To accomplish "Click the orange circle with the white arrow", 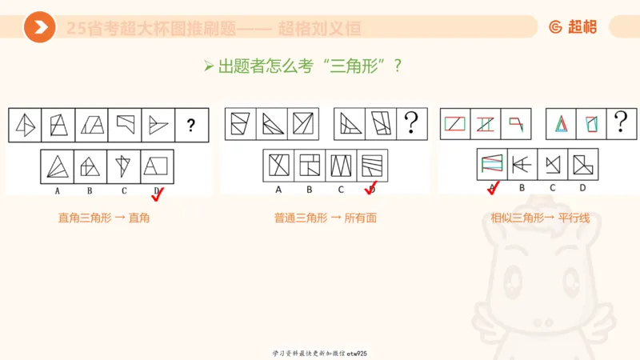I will [39, 28].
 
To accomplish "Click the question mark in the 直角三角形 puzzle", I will [190, 125].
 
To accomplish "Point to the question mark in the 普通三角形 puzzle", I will [411, 123].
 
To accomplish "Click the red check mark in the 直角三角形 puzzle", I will [158, 192].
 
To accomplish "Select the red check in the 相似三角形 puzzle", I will [493, 188].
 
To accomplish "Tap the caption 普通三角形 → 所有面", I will [324, 218].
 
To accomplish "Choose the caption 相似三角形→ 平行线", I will [540, 218].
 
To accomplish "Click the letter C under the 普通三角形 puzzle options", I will [340, 190].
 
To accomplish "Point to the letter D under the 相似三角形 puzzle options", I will [582, 188].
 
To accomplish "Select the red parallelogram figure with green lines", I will [455, 124].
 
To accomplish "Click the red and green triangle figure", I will [561, 124].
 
